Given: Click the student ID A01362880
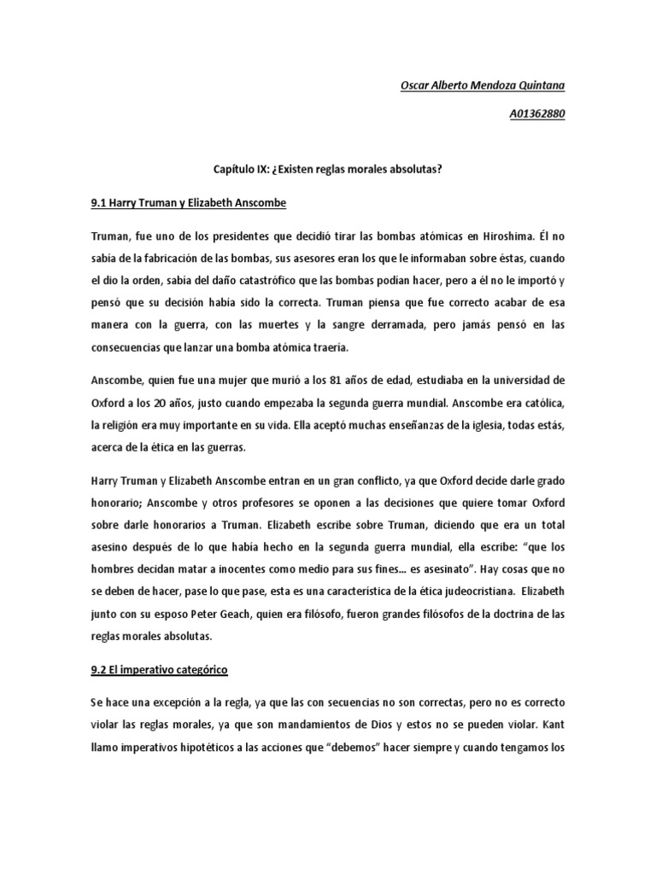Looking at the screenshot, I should tap(536, 114).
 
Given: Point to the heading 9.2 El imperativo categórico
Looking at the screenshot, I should tap(158, 670).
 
